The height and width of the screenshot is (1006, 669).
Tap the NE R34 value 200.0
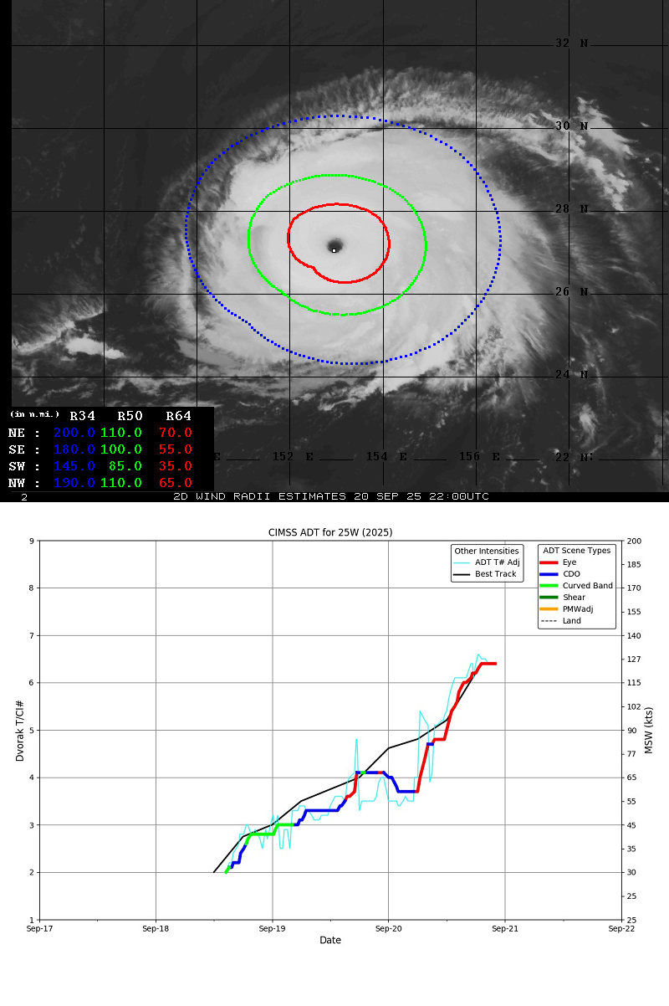pyautogui.click(x=74, y=433)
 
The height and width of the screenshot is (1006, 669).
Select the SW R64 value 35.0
pyautogui.click(x=176, y=466)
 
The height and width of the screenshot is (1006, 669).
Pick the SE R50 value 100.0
pyautogui.click(x=121, y=449)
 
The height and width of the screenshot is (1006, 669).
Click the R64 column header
pyautogui.click(x=178, y=416)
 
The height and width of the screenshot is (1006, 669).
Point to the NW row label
pyautogui.click(x=17, y=483)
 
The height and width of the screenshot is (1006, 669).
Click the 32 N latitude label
pyautogui.click(x=572, y=44)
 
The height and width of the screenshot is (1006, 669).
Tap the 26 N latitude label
pyautogui.click(x=572, y=292)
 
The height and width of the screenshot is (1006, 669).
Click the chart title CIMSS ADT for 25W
pyautogui.click(x=330, y=532)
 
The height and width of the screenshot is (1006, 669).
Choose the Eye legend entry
pyautogui.click(x=569, y=562)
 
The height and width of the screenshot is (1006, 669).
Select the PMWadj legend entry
pyautogui.click(x=578, y=609)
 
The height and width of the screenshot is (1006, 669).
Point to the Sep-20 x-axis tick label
pyautogui.click(x=388, y=928)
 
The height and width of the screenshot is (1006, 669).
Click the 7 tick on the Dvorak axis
pyautogui.click(x=31, y=635)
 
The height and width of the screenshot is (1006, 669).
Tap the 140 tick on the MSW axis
pyautogui.click(x=635, y=635)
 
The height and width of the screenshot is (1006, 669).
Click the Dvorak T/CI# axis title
pyautogui.click(x=19, y=730)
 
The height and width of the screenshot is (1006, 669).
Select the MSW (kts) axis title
pyautogui.click(x=649, y=730)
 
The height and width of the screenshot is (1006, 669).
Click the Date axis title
pyautogui.click(x=330, y=941)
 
